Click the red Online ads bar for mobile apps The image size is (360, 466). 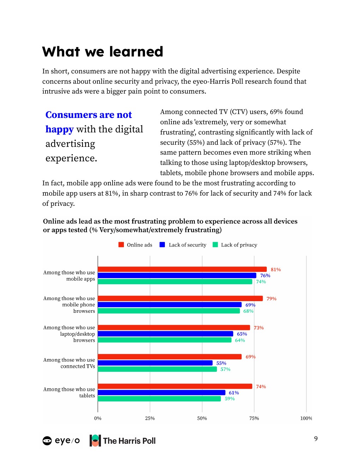point(182,269)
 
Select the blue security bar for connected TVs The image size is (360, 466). point(155,363)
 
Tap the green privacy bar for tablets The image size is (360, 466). point(159,399)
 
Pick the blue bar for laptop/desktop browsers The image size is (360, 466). point(165,334)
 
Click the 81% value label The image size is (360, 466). point(276,270)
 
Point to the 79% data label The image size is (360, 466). point(271,299)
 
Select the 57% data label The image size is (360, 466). point(225,369)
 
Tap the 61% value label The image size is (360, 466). point(234,393)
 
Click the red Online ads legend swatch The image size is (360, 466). point(121,245)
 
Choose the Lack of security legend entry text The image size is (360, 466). point(187,245)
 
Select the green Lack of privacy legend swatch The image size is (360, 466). point(215,245)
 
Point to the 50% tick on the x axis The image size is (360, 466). point(202,418)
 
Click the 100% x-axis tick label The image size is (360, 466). point(306,418)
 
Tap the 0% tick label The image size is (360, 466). point(98,418)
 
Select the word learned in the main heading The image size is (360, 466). point(136,52)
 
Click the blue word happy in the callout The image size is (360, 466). point(59,129)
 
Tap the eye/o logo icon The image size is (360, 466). point(47,441)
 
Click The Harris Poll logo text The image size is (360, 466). point(129,441)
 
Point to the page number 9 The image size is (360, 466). point(316,438)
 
